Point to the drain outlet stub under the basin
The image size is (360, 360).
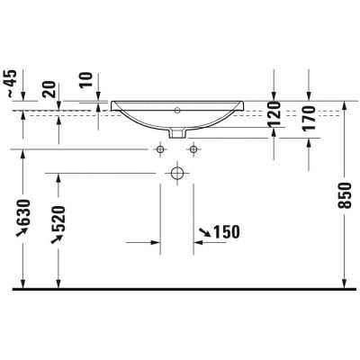(177, 132)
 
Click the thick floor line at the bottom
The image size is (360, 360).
(180, 289)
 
